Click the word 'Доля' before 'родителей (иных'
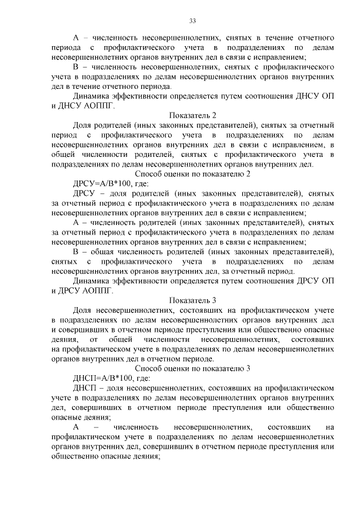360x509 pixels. [x=83, y=125]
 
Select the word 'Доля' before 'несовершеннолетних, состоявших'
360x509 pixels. [x=83, y=310]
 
